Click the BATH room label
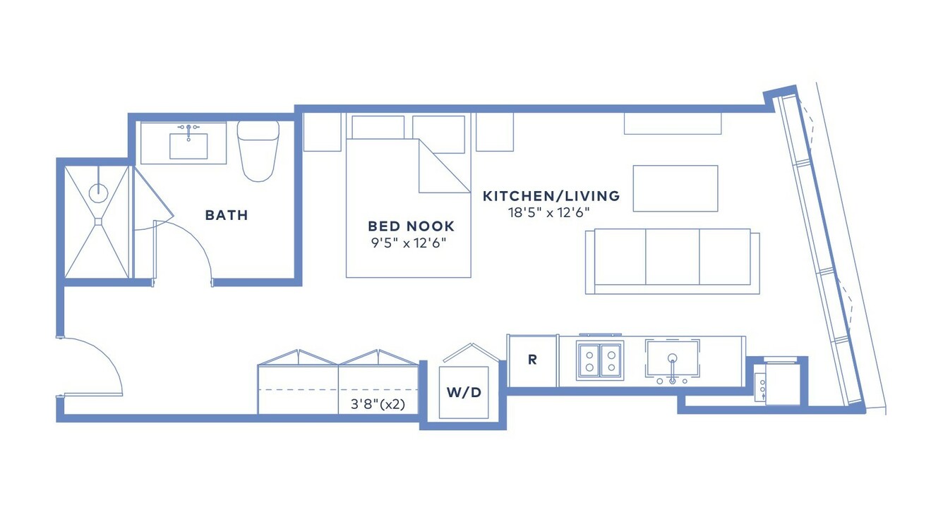click(x=227, y=215)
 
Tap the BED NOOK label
click(x=412, y=226)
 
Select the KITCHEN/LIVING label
click(x=551, y=196)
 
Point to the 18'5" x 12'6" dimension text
click(x=548, y=213)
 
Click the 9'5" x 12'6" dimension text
click(x=409, y=243)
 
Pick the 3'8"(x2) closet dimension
click(x=378, y=405)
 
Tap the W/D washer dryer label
click(x=464, y=392)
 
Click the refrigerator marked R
click(x=532, y=360)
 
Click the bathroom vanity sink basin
click(x=188, y=146)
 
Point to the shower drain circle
click(x=99, y=193)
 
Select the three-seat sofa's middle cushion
click(x=672, y=257)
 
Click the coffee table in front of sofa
click(x=675, y=188)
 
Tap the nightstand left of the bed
click(x=322, y=132)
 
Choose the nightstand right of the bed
click(x=495, y=132)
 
